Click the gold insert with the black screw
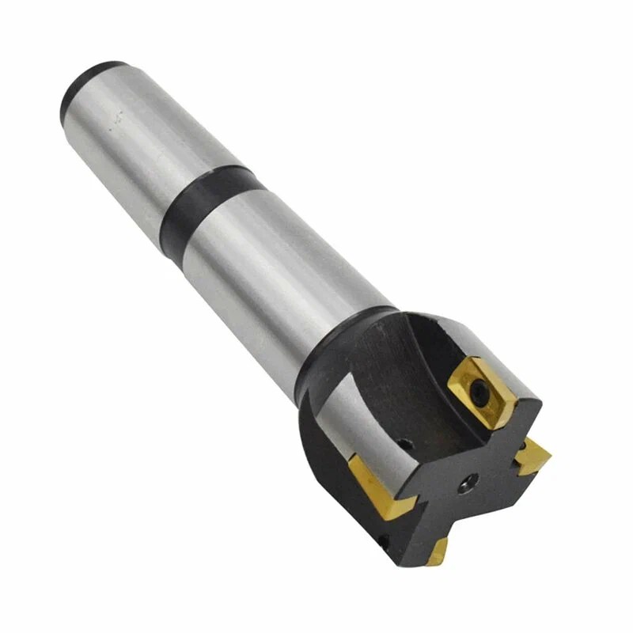tap(476, 385)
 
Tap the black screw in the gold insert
tap(481, 390)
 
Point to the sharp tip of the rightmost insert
tap(548, 460)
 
